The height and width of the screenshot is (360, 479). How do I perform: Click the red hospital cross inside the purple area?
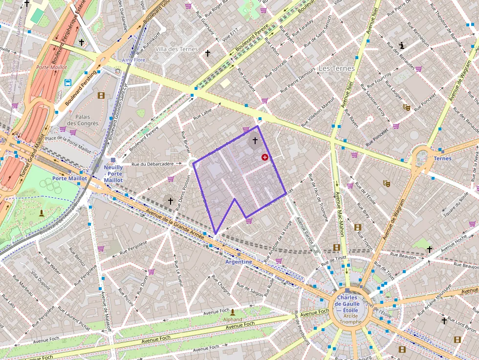coord(265,157)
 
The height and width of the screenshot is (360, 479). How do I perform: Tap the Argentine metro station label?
coord(239,262)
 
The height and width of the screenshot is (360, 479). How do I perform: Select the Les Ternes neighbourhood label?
coord(336,68)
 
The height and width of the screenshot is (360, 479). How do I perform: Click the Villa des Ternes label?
coord(176,49)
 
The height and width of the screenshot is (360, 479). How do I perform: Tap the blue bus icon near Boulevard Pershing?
coord(68,83)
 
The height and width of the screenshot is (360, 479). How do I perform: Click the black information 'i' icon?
coord(402,46)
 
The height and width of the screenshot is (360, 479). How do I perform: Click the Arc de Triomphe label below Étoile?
coord(348,319)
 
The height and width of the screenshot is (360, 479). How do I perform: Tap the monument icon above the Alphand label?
coord(233,312)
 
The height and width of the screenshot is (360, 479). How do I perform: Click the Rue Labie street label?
coord(203,114)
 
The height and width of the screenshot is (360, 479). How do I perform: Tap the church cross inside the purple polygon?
coord(254,141)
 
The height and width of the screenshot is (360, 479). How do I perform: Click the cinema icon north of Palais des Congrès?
coord(101,96)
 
